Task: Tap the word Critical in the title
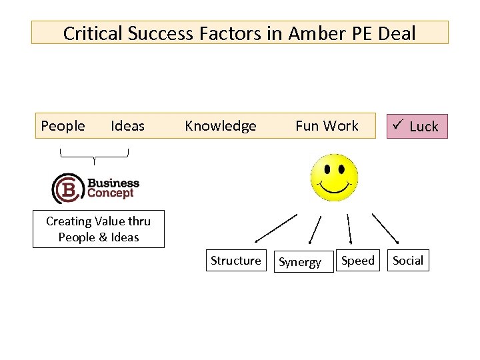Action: (92, 33)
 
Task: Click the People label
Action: (63, 126)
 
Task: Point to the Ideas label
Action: (127, 126)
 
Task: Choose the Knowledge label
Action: (220, 126)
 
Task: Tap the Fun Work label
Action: (327, 126)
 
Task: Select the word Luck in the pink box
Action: (424, 127)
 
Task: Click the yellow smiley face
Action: (334, 178)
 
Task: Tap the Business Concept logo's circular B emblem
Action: (67, 188)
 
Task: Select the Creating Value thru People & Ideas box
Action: (99, 229)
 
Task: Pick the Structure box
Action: (236, 261)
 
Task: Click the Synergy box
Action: (300, 262)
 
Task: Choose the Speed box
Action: (358, 261)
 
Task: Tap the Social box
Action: (408, 261)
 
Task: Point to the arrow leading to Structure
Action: (275, 227)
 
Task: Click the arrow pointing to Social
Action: (385, 228)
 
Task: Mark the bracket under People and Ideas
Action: (94, 156)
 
